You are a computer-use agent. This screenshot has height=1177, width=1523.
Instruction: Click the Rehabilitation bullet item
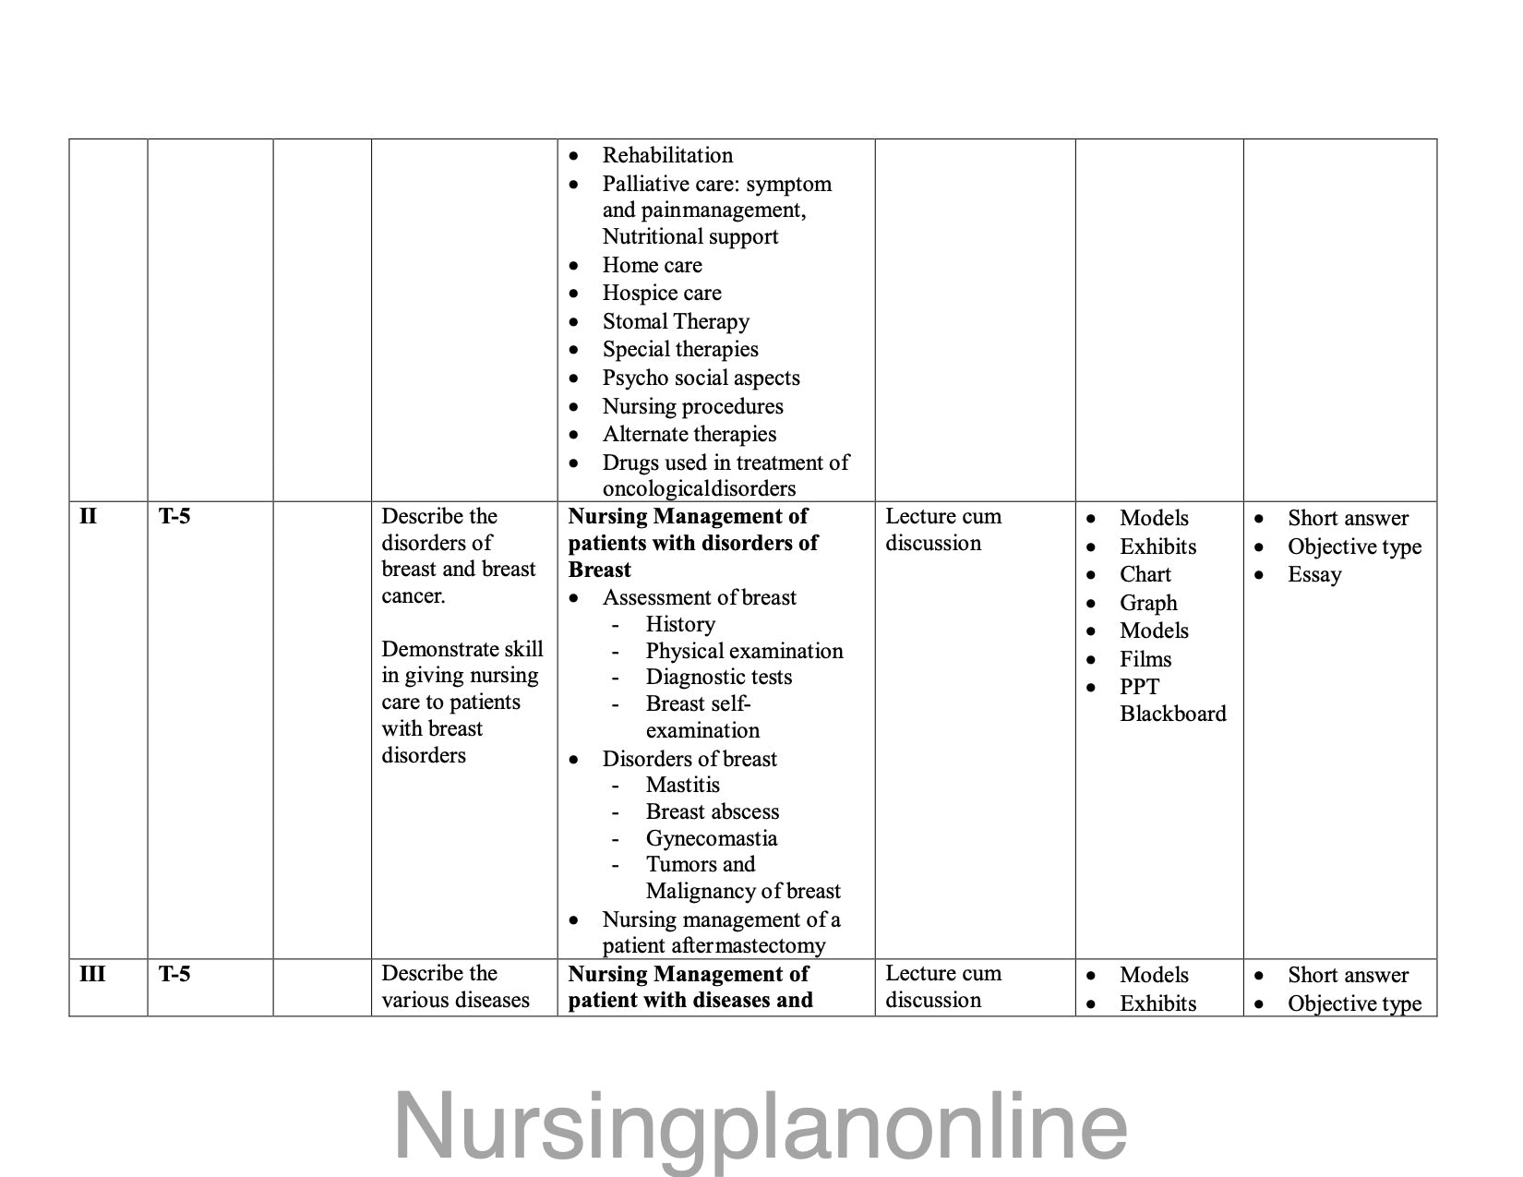pyautogui.click(x=667, y=155)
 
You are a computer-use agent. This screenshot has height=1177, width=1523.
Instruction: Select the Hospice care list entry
pyautogui.click(x=662, y=294)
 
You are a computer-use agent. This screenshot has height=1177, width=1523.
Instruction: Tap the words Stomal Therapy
pyautogui.click(x=676, y=321)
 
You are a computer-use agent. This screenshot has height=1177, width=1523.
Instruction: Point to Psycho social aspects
pyautogui.click(x=701, y=378)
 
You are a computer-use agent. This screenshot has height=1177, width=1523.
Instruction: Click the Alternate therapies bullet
pyautogui.click(x=689, y=434)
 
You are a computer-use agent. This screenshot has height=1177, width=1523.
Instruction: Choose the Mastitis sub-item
pyautogui.click(x=682, y=785)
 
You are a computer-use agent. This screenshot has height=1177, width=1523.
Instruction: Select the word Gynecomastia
pyautogui.click(x=711, y=838)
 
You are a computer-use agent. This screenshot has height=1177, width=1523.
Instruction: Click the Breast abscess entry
pyautogui.click(x=712, y=811)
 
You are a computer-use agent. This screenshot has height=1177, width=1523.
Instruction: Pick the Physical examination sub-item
pyautogui.click(x=744, y=651)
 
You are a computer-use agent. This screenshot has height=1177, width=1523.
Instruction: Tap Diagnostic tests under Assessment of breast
pyautogui.click(x=718, y=677)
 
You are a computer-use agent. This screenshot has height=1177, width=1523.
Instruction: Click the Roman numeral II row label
pyautogui.click(x=88, y=516)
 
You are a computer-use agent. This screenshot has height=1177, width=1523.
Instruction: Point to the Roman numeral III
pyautogui.click(x=92, y=974)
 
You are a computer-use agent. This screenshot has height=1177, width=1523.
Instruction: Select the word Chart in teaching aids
pyautogui.click(x=1145, y=574)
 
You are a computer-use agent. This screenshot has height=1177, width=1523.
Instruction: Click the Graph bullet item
pyautogui.click(x=1148, y=603)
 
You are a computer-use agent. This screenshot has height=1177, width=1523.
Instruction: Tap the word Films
pyautogui.click(x=1145, y=659)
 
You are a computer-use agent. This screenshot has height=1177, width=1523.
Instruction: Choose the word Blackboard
pyautogui.click(x=1172, y=714)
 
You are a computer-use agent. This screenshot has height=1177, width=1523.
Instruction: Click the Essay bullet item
pyautogui.click(x=1314, y=574)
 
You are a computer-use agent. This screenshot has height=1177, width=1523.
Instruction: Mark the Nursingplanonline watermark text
pyautogui.click(x=761, y=1125)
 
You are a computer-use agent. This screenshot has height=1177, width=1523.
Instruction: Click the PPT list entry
pyautogui.click(x=1139, y=687)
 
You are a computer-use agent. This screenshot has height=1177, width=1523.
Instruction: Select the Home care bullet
pyautogui.click(x=652, y=265)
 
